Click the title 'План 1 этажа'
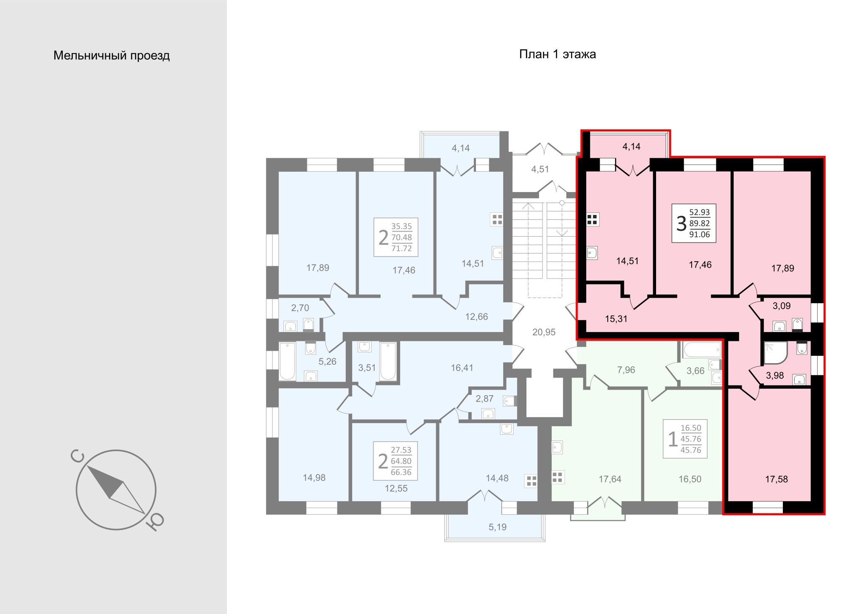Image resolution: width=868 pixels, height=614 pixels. click(x=557, y=54)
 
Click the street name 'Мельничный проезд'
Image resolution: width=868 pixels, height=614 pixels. click(x=111, y=56)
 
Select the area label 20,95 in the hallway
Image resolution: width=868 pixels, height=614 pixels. click(x=544, y=332)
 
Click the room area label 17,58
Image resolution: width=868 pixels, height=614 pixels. click(x=776, y=479)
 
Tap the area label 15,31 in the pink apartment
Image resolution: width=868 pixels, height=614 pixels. click(x=616, y=319)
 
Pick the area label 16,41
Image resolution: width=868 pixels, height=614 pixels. click(x=462, y=368)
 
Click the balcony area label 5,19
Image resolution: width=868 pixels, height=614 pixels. click(x=498, y=527)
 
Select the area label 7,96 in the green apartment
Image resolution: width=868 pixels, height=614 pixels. click(x=626, y=370)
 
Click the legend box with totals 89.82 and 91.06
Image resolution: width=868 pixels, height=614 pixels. click(x=694, y=223)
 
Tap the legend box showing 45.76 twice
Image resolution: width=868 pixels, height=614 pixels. click(x=685, y=439)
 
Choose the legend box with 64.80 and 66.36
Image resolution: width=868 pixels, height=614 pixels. click(x=395, y=461)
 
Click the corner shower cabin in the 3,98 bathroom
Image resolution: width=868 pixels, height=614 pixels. click(x=776, y=353)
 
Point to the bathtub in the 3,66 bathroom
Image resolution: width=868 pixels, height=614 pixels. click(x=701, y=350)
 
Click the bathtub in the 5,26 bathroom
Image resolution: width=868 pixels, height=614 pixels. click(x=287, y=361)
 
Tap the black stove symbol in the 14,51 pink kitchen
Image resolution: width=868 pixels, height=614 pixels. click(x=592, y=220)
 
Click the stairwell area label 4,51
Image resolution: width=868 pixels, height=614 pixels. click(x=540, y=169)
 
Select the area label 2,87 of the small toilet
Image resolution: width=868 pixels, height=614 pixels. click(x=484, y=399)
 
